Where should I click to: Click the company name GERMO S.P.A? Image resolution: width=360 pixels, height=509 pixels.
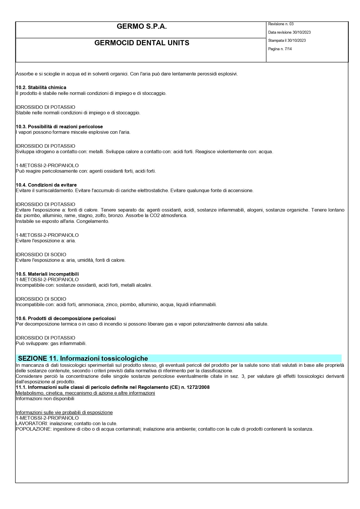pyautogui.click(x=142, y=27)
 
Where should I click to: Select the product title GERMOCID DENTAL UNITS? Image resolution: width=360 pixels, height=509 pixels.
pyautogui.click(x=142, y=43)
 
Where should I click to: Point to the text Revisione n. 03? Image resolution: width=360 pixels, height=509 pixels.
pyautogui.click(x=281, y=24)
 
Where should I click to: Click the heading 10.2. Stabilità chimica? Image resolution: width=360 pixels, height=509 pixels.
pyautogui.click(x=41, y=87)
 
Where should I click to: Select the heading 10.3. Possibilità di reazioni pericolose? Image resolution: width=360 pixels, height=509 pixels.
pyautogui.click(x=59, y=127)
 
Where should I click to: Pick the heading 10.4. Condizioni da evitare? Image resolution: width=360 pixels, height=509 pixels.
pyautogui.click(x=46, y=185)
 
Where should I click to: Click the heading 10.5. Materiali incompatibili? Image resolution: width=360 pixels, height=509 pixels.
pyautogui.click(x=47, y=274)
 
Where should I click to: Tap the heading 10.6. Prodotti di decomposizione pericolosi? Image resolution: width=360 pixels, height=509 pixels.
pyautogui.click(x=66, y=318)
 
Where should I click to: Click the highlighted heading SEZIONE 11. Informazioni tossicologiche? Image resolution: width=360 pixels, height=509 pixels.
pyautogui.click(x=83, y=358)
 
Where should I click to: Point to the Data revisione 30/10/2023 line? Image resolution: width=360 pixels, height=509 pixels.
pyautogui.click(x=289, y=33)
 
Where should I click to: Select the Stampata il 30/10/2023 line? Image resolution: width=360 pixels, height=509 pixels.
pyautogui.click(x=287, y=41)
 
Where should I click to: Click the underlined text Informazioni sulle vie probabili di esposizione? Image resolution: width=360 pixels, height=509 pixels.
pyautogui.click(x=64, y=412)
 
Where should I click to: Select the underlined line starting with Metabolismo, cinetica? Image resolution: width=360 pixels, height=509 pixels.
pyautogui.click(x=85, y=393)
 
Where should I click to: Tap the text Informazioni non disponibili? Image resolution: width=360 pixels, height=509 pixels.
pyautogui.click(x=45, y=398)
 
